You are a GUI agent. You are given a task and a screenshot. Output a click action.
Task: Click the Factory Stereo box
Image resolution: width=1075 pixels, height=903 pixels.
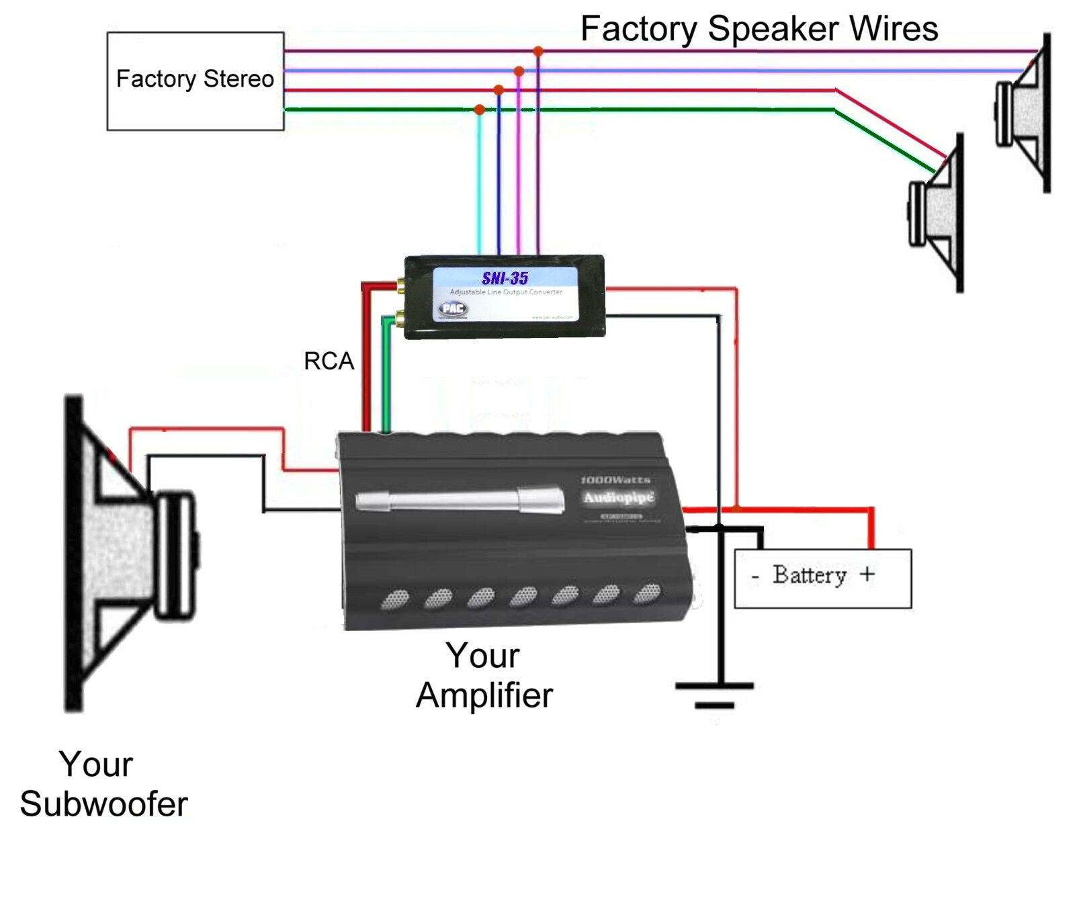[x=195, y=81]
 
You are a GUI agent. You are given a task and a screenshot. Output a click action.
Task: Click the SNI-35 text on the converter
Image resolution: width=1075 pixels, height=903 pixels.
[x=505, y=278]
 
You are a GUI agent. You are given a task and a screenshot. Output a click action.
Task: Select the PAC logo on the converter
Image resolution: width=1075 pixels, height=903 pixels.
[x=453, y=308]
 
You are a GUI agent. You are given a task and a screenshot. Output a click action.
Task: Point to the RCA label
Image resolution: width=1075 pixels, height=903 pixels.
[x=329, y=361]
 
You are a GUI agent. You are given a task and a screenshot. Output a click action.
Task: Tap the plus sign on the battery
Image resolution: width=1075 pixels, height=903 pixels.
[x=867, y=574]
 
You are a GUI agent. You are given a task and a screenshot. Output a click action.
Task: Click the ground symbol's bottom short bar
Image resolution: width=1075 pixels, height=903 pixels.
[x=714, y=705]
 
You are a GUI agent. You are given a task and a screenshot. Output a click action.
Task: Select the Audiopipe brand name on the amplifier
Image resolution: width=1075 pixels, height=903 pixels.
[x=618, y=498]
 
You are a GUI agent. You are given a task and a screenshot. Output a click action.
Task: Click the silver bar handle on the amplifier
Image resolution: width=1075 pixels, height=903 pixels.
[x=460, y=499]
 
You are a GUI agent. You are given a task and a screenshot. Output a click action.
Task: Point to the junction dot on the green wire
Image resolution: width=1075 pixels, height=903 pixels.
[x=479, y=110]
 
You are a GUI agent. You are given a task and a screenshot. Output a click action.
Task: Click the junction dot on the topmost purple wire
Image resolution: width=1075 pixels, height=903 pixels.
[x=538, y=51]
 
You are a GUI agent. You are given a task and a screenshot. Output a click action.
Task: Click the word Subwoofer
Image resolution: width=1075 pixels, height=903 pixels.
[x=104, y=804]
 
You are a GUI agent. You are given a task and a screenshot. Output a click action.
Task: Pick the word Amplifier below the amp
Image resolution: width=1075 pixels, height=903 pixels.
[x=484, y=695]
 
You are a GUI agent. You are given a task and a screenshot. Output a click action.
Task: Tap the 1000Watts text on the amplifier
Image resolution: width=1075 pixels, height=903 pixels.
[x=615, y=480]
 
